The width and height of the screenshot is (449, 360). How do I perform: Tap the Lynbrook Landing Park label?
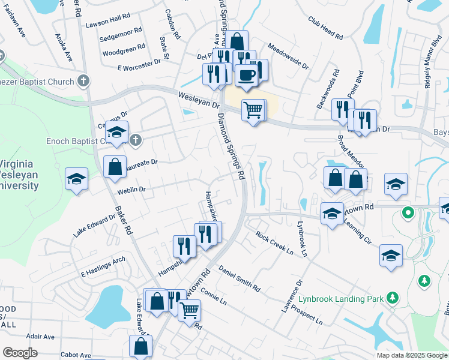click(342, 298)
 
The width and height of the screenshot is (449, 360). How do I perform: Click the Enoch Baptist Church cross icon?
click(136, 140)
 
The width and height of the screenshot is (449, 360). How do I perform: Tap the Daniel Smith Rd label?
click(239, 279)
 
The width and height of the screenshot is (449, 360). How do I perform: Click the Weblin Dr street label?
click(132, 190)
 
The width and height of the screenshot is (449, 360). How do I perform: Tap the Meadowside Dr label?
click(288, 56)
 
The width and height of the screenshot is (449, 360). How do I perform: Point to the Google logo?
click(20, 353)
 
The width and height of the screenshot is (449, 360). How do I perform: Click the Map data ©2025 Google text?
click(411, 355)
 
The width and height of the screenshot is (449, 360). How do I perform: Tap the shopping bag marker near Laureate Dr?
click(115, 167)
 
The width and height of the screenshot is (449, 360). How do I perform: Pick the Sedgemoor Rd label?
click(121, 37)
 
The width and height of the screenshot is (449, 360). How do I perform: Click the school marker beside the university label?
click(77, 179)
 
